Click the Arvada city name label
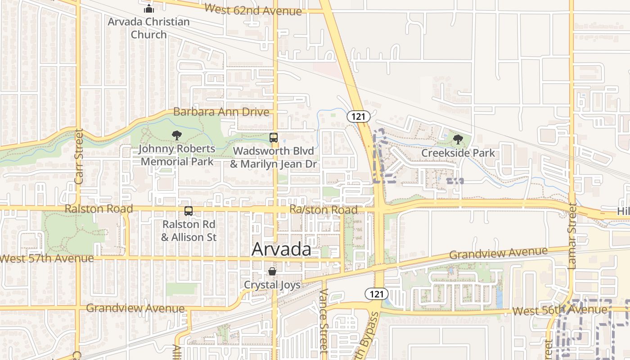[281, 249]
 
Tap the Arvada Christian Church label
[148, 28]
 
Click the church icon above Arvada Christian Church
[148, 9]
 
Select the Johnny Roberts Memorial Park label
[177, 155]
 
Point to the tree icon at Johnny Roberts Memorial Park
[177, 135]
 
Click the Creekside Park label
[458, 153]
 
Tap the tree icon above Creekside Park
[458, 139]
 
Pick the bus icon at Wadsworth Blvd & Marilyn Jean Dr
[274, 137]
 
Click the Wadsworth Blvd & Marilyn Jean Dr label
[274, 157]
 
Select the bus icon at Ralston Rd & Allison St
[189, 211]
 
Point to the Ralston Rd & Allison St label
[189, 230]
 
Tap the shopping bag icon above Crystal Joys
[272, 271]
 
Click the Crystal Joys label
[272, 284]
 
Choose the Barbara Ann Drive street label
[221, 112]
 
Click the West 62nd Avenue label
[253, 9]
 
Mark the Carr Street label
[79, 156]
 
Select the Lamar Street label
[572, 236]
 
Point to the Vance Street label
[324, 319]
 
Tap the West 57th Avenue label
[47, 259]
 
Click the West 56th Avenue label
[559, 310]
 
